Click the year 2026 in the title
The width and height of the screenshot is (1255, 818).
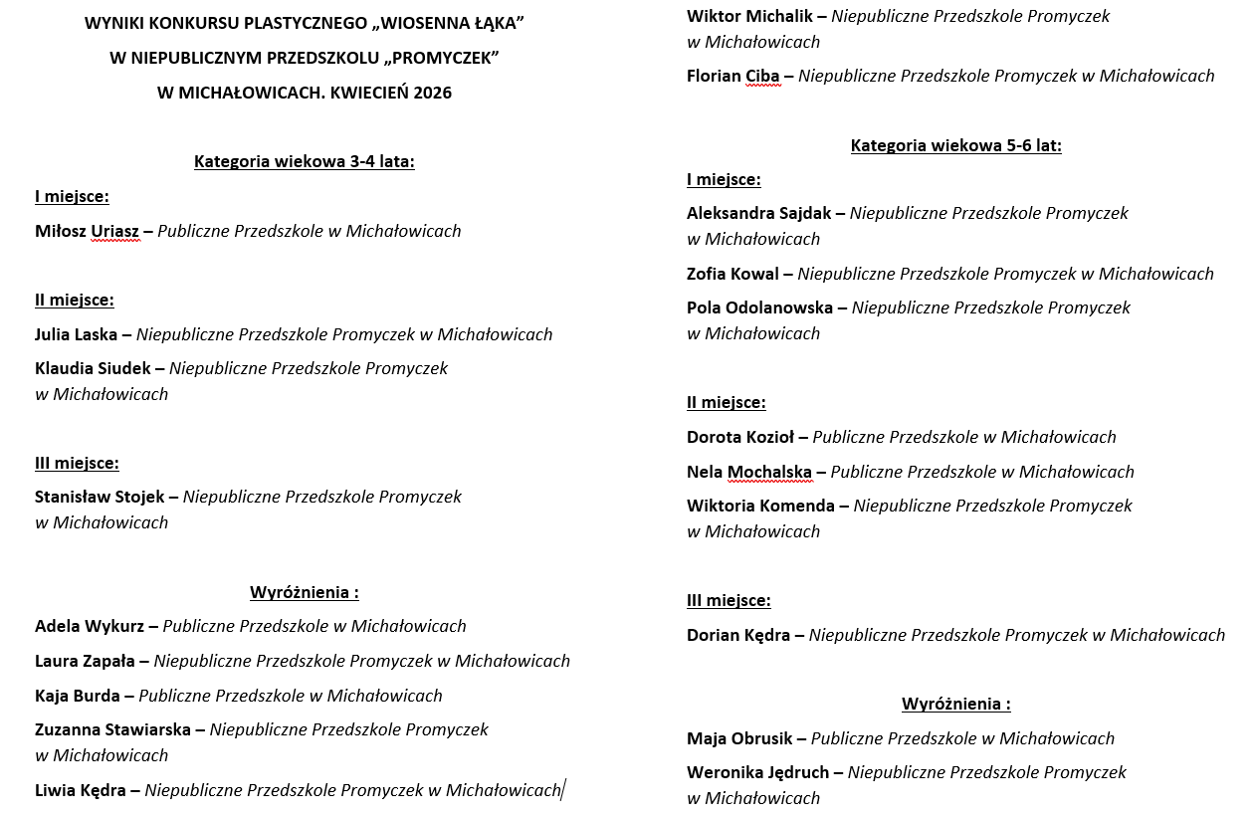432,93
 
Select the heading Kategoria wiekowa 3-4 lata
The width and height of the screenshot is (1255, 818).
304,161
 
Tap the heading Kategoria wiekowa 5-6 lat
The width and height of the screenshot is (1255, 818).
955,145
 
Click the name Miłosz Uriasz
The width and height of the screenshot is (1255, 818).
87,231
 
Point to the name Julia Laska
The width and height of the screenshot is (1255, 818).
76,334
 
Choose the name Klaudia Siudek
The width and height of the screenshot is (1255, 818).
93,368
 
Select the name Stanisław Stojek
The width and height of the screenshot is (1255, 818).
100,497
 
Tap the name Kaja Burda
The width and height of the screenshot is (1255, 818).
78,696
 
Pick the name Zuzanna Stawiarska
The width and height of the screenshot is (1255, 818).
112,729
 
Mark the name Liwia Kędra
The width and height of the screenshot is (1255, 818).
81,790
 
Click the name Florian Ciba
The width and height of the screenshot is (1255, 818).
733,76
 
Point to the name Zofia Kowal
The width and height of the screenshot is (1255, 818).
732,274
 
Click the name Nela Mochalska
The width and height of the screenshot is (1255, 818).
749,472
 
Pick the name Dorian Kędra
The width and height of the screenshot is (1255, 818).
738,635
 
